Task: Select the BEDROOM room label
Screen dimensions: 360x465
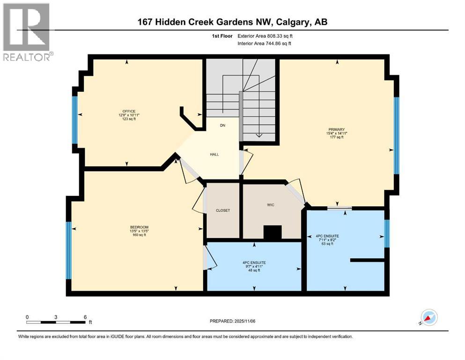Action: pos(139,226)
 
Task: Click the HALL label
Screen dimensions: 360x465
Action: pos(214,154)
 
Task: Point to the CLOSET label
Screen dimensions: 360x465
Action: pos(223,210)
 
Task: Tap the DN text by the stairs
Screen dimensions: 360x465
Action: pos(223,126)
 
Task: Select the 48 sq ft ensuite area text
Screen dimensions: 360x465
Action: pos(254,270)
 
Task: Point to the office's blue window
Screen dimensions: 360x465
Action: pos(74,120)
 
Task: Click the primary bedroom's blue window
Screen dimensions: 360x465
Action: pos(396,135)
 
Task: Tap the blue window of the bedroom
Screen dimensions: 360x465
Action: pos(69,251)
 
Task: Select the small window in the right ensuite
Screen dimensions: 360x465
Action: pos(386,233)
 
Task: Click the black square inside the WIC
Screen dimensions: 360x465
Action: pos(273,232)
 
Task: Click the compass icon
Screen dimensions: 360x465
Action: pos(428,318)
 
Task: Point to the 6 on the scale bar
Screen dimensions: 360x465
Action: pos(85,317)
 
